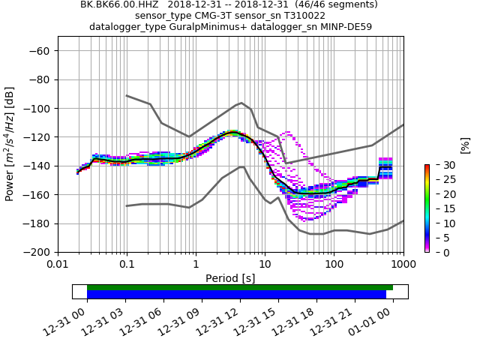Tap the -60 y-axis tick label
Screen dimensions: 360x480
click(44, 50)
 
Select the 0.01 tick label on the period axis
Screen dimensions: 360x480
click(58, 264)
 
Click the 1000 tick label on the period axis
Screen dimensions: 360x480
click(403, 264)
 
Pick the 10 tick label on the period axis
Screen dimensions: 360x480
click(265, 264)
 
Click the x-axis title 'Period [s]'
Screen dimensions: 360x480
click(230, 278)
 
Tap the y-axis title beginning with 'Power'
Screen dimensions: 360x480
click(10, 144)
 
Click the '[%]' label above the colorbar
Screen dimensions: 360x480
click(465, 145)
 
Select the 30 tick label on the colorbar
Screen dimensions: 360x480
click(443, 165)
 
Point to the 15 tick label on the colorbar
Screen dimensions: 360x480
click(443, 208)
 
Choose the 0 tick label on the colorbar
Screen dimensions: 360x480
click(440, 252)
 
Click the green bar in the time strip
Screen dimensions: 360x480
click(240, 287)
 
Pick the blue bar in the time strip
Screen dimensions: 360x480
click(236, 295)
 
